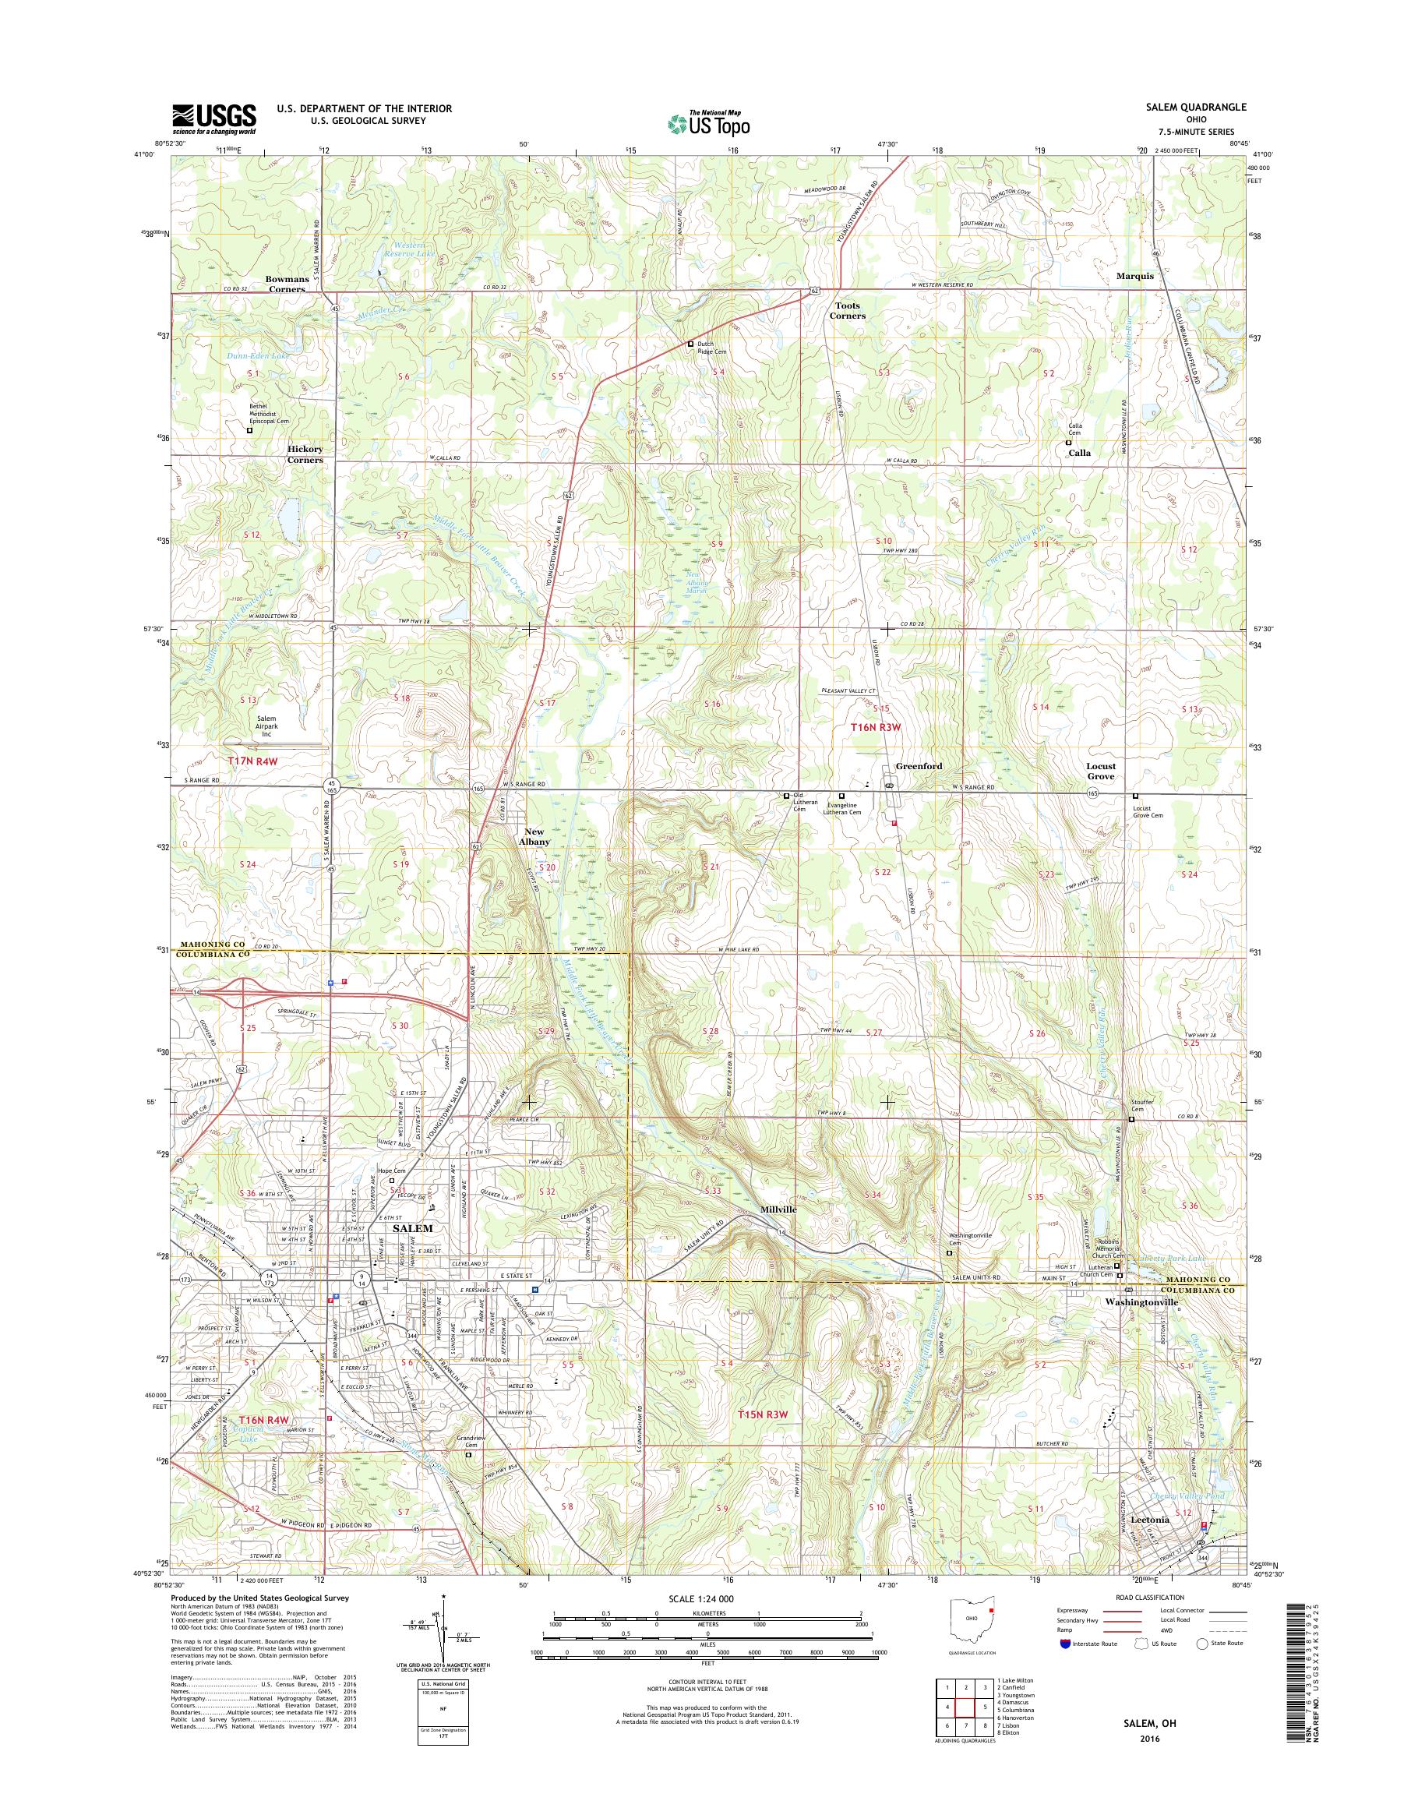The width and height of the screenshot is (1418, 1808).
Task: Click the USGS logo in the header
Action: pos(213,118)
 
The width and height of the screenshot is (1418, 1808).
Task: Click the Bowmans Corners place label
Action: pos(284,283)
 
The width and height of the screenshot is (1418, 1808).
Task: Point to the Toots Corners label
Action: pos(848,311)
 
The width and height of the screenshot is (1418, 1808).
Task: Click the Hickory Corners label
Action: pos(305,454)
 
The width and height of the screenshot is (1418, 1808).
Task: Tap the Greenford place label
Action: pos(919,766)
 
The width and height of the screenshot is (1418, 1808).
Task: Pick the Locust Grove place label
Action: pos(1101,771)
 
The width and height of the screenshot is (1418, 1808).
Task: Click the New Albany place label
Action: pos(534,836)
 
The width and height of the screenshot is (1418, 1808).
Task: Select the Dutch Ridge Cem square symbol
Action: pos(689,344)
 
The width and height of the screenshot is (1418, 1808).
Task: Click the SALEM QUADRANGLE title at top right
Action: pos(1199,108)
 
